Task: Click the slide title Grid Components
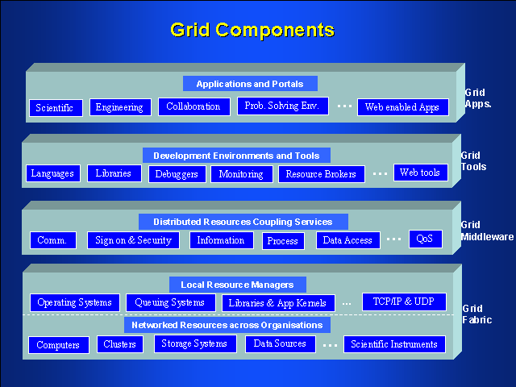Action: point(252,31)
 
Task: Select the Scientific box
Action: point(56,108)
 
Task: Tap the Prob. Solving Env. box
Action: point(282,106)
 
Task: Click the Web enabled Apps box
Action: point(402,107)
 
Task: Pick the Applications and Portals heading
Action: point(250,83)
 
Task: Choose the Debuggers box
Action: point(177,173)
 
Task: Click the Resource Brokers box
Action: point(321,173)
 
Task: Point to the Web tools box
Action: point(420,173)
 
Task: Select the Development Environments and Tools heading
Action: point(236,156)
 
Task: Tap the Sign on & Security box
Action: point(133,239)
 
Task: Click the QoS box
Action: point(425,239)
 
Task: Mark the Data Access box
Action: point(347,240)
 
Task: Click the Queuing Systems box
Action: point(169,302)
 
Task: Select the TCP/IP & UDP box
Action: point(402,301)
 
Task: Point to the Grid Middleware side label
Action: point(486,231)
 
